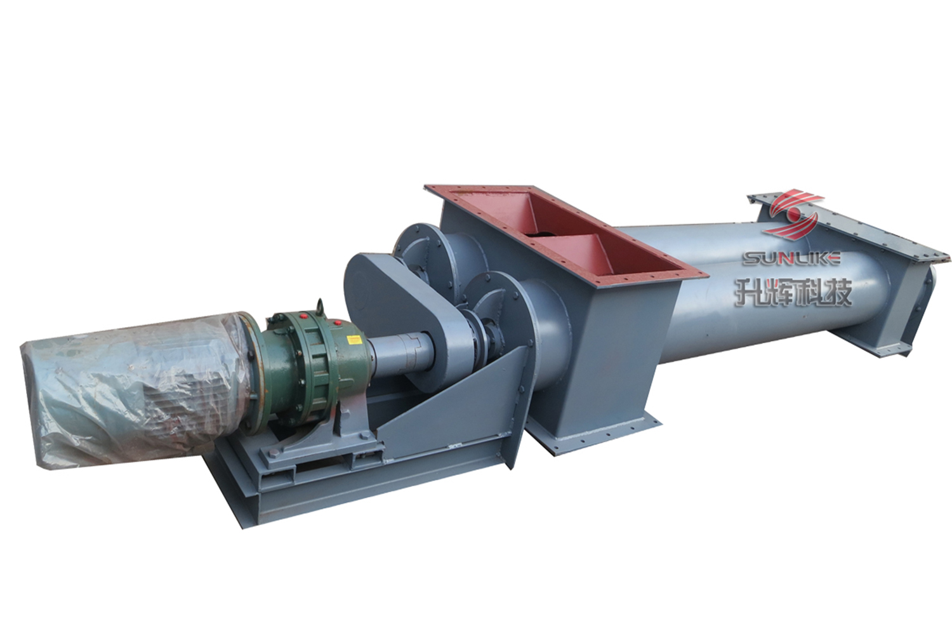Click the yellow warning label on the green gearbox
pyautogui.click(x=354, y=339)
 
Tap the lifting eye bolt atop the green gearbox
pyautogui.click(x=319, y=306)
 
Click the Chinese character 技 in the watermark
pyautogui.click(x=838, y=292)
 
